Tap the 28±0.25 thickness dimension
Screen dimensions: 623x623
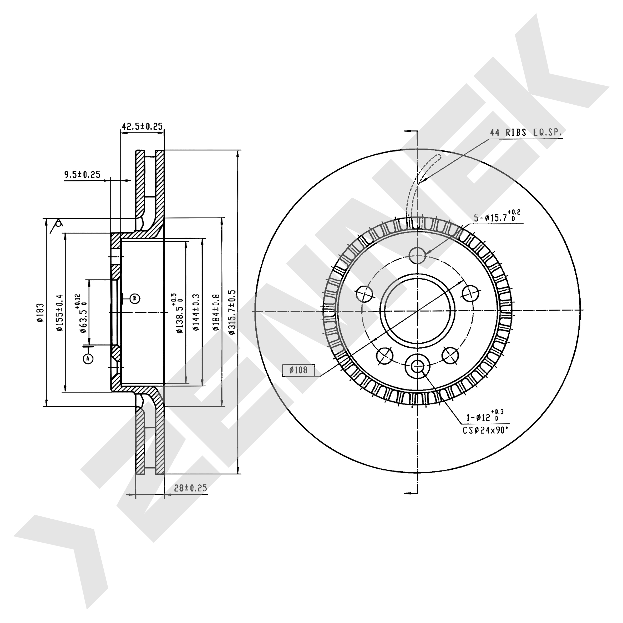190,488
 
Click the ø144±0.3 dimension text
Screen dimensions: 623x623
196,312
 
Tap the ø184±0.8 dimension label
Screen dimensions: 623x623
216,312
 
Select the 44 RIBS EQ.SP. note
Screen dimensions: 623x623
526,133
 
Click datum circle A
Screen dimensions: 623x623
88,358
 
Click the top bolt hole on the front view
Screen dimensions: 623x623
417,256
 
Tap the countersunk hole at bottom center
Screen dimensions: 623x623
417,365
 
